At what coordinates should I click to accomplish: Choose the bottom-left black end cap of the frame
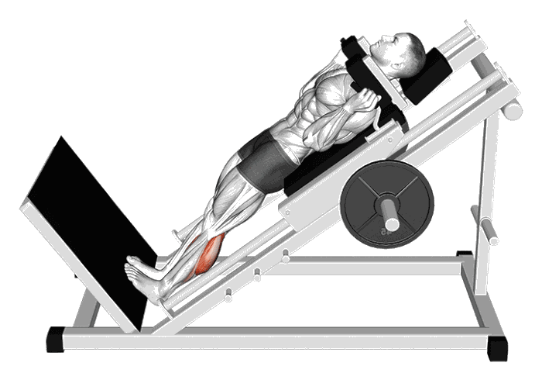pyautogui.click(x=56, y=339)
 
